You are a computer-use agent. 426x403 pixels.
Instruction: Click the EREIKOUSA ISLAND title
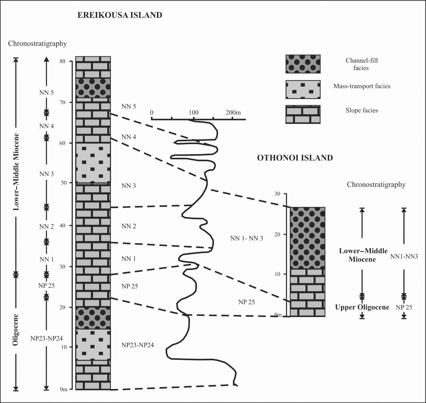(x=120, y=15)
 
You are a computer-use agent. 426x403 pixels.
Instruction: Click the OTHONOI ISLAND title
(x=295, y=158)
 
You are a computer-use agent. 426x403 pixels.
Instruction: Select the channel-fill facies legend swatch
(x=303, y=64)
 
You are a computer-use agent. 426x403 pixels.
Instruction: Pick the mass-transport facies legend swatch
(x=303, y=90)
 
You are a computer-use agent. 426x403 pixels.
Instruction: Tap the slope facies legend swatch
(x=303, y=115)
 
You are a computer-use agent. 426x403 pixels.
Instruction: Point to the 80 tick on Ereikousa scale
(x=62, y=61)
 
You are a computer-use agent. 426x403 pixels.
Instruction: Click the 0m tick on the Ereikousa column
(x=64, y=389)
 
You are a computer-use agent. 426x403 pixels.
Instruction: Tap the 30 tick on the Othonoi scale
(x=277, y=194)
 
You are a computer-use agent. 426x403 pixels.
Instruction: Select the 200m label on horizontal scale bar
(x=233, y=113)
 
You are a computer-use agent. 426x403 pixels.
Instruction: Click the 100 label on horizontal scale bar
(x=193, y=113)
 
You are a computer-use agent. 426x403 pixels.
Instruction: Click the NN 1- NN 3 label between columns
(x=246, y=238)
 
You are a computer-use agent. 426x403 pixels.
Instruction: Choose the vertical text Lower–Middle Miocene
(x=16, y=172)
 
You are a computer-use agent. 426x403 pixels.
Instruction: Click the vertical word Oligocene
(x=15, y=329)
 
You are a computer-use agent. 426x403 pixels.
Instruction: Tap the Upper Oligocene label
(x=362, y=307)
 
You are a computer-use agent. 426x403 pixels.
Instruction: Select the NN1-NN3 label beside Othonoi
(x=404, y=257)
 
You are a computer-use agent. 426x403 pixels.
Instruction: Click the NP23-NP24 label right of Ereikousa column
(x=137, y=345)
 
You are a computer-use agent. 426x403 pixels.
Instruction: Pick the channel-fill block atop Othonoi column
(x=307, y=238)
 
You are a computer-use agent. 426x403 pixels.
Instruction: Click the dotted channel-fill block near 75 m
(x=93, y=88)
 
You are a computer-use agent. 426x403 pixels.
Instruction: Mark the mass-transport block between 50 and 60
(x=93, y=163)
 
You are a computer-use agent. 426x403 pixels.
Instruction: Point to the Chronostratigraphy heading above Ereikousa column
(x=37, y=43)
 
